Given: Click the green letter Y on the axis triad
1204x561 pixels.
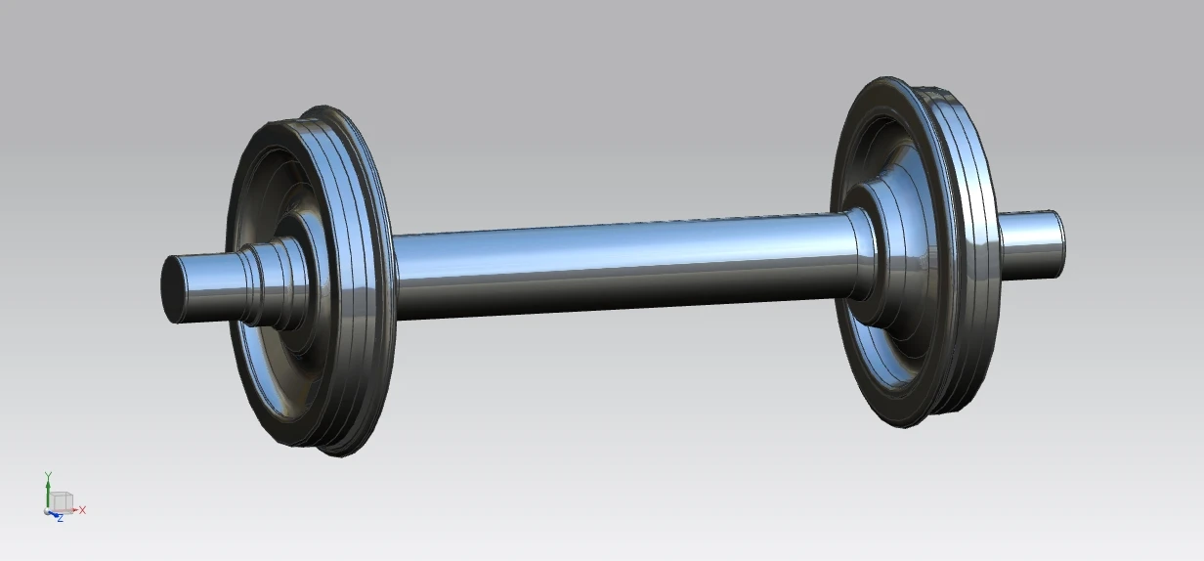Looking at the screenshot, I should pyautogui.click(x=47, y=475).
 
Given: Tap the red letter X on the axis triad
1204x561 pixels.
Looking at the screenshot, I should pyautogui.click(x=83, y=510).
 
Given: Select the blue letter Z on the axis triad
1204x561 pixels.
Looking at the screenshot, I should pyautogui.click(x=60, y=518).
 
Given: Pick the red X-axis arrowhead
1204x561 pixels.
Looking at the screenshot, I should pyautogui.click(x=74, y=510).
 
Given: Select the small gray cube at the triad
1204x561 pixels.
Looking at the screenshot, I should pyautogui.click(x=62, y=501).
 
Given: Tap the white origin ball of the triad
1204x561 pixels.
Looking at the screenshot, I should pyautogui.click(x=48, y=509).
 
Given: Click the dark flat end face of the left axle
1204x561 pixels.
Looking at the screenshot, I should pyautogui.click(x=173, y=289).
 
